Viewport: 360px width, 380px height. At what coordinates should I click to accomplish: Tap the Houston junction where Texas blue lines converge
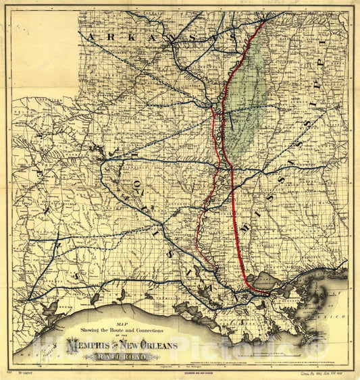[28, 297]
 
